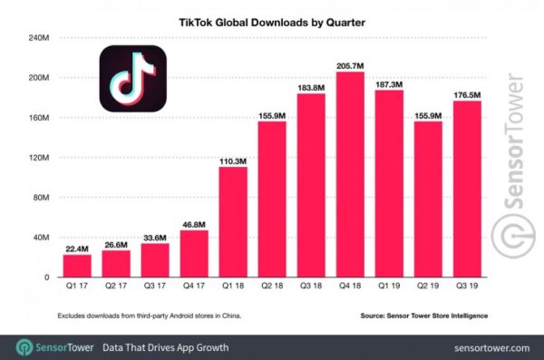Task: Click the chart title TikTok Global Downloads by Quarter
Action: pos(273,17)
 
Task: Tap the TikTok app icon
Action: pos(132,80)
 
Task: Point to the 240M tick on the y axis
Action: pos(38,38)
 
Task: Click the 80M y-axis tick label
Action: pos(41,198)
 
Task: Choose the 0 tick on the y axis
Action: pos(47,277)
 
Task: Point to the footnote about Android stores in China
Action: pos(141,315)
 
